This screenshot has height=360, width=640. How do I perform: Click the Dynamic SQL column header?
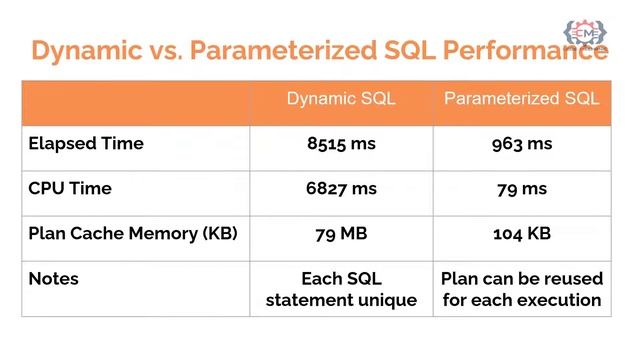[341, 99]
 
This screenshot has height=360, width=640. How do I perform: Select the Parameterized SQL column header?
[521, 99]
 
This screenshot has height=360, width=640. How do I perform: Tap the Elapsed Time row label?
[86, 144]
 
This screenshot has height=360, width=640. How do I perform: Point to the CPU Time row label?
[70, 188]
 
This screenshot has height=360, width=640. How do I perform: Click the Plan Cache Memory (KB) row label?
[132, 233]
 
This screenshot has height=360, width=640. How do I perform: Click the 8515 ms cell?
[342, 144]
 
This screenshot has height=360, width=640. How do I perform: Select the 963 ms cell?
[522, 144]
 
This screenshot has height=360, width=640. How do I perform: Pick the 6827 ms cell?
[342, 188]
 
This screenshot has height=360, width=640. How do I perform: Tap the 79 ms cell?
[522, 188]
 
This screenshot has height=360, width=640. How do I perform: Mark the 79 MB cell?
[342, 233]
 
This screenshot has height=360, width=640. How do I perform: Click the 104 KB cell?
[522, 233]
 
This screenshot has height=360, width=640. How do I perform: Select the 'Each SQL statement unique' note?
[342, 289]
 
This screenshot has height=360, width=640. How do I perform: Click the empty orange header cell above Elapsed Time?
[135, 99]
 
